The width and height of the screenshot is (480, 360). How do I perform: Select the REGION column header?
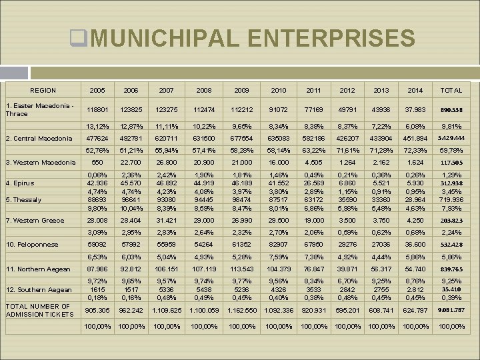click(x=43, y=90)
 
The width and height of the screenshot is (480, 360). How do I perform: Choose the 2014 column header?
click(x=414, y=90)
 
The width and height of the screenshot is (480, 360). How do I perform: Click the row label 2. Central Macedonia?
click(x=39, y=139)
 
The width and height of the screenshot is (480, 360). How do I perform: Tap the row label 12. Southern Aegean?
click(x=39, y=290)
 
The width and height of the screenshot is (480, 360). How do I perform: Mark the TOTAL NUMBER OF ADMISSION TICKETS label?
click(x=39, y=311)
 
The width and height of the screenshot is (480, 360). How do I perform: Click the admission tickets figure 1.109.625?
click(x=166, y=310)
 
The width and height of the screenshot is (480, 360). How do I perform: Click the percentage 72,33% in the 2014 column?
click(x=414, y=150)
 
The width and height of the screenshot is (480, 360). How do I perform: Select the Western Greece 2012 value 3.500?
click(x=347, y=220)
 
